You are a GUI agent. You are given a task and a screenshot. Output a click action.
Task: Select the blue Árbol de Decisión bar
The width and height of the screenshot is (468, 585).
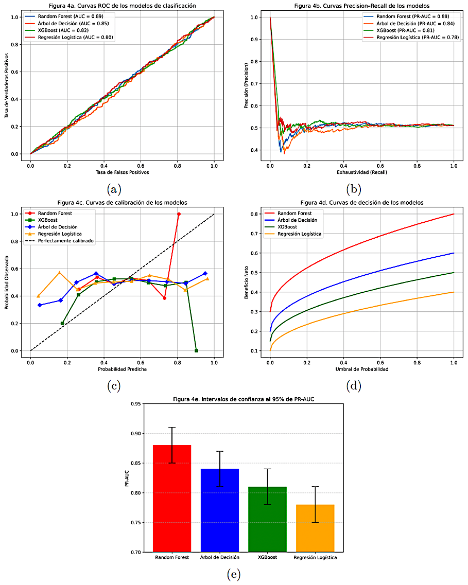point(219,510)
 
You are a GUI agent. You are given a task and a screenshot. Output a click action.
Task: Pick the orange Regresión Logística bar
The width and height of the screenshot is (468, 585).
point(315,527)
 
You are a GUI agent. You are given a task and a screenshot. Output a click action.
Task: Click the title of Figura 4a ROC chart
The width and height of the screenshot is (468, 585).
point(122,6)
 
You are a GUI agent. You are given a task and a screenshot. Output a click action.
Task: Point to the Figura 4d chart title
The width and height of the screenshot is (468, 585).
point(361,203)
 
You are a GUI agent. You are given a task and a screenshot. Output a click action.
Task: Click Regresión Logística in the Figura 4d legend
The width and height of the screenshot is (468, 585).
point(299,234)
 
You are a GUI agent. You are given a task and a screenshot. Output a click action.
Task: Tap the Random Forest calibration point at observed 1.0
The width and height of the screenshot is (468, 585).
point(179,214)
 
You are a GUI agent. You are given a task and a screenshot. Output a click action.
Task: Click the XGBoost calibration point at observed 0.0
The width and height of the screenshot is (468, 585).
point(196,350)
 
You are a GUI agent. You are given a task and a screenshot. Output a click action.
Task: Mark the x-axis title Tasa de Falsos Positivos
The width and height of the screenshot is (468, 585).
point(122,172)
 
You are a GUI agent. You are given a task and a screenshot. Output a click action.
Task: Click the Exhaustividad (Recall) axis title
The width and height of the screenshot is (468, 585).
point(361,172)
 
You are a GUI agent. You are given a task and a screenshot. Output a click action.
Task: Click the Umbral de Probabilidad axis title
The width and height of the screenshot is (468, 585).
point(361,369)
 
